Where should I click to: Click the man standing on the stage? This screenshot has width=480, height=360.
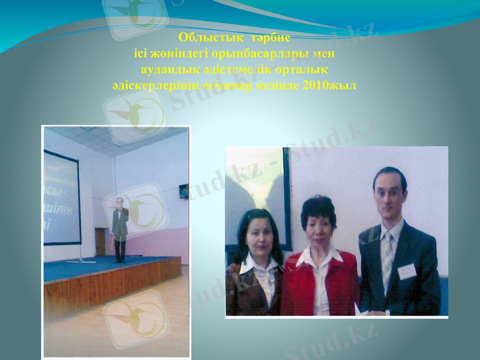(121, 228)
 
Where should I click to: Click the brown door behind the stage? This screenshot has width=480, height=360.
(100, 242)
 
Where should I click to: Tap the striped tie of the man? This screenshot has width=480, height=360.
(388, 258)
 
